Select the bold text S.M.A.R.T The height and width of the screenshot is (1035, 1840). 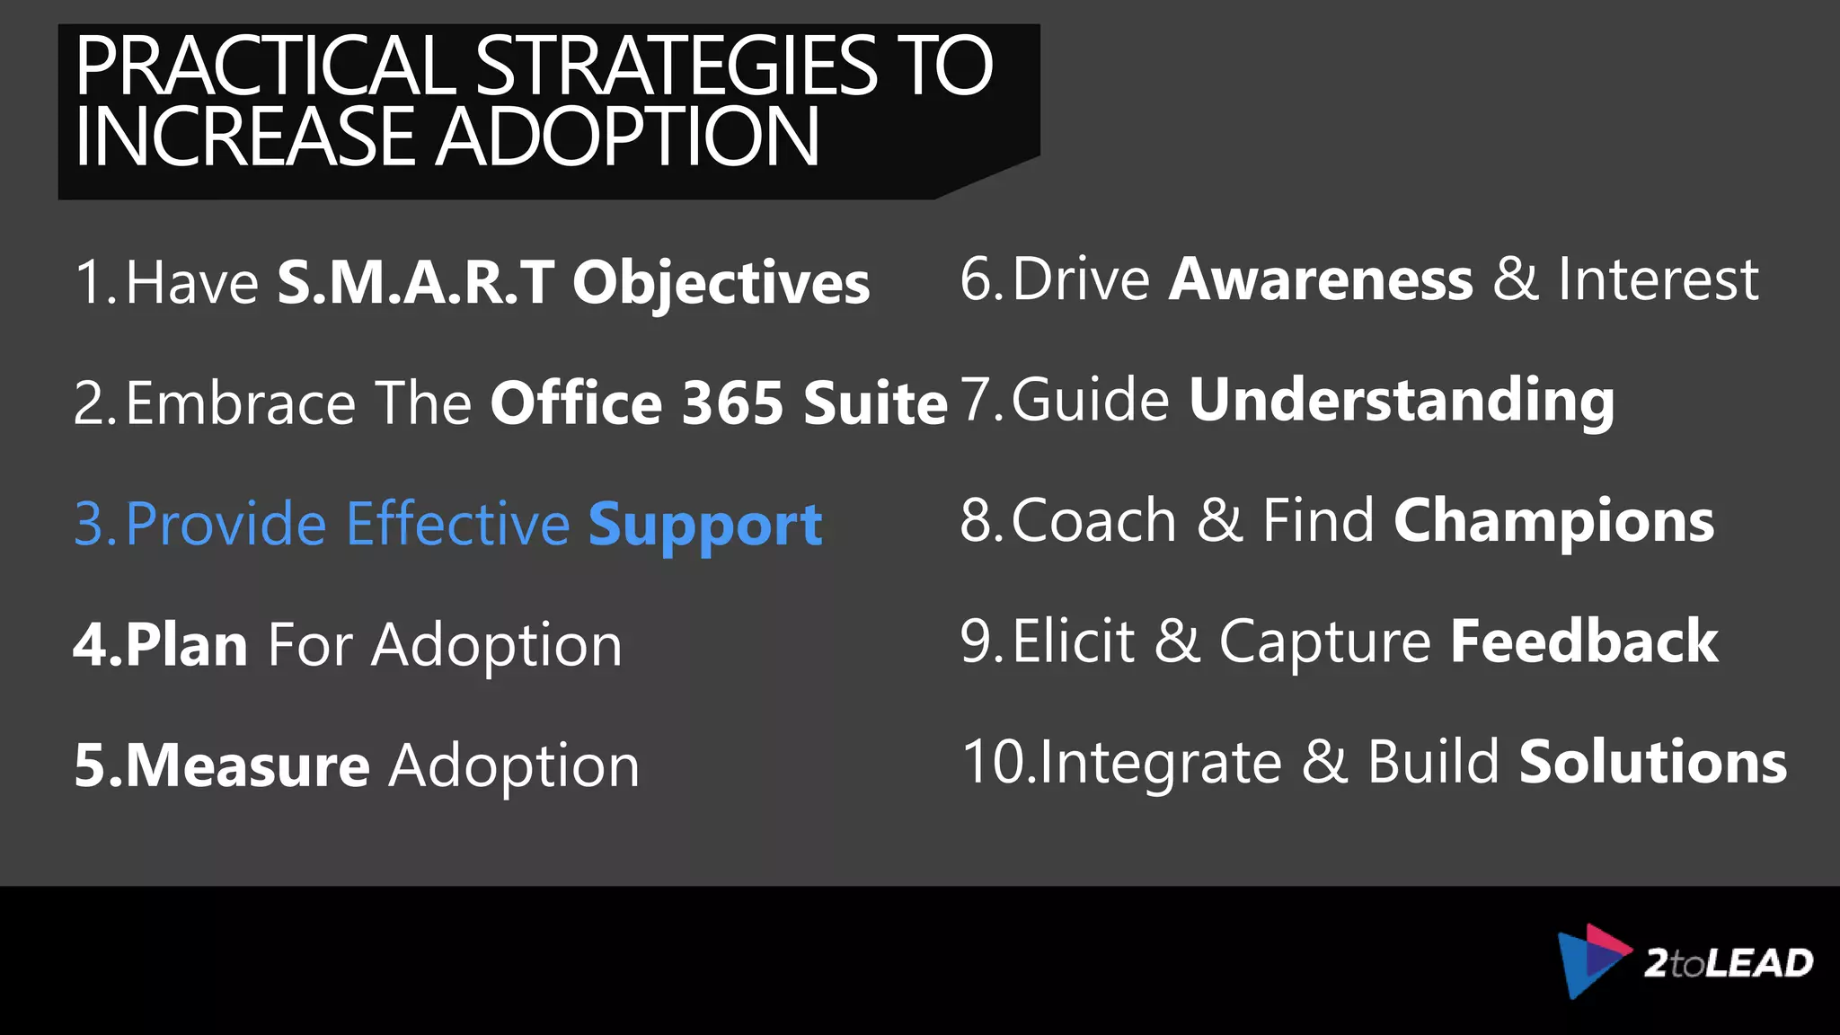point(415,282)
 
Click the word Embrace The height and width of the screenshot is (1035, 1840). point(241,402)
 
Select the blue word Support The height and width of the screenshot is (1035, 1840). point(705,525)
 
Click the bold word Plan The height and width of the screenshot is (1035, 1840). point(187,645)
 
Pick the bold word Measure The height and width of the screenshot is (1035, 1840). point(247,765)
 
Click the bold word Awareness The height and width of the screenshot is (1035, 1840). point(1321,279)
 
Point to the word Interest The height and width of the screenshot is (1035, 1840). point(1658,279)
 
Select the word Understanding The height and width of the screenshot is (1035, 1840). point(1402,401)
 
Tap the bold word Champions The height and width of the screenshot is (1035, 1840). point(1553,521)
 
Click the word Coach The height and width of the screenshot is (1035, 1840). point(1093,521)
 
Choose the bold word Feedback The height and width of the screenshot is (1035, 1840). point(1584,641)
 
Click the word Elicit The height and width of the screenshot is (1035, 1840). point(1074,641)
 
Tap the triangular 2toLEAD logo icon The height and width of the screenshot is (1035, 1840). point(1591,960)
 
